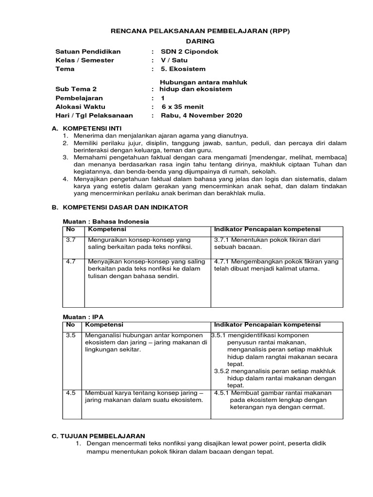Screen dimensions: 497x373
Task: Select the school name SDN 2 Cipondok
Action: (x=190, y=51)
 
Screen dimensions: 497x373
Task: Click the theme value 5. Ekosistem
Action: (x=183, y=69)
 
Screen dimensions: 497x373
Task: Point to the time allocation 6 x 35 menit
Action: (x=183, y=107)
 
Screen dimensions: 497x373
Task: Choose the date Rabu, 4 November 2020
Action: (x=202, y=116)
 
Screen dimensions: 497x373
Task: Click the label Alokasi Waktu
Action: (x=80, y=107)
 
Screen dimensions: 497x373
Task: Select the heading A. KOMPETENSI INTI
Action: (x=85, y=128)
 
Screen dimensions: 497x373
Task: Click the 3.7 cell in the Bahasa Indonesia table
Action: (x=70, y=240)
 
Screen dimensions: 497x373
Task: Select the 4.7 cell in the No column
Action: (x=70, y=261)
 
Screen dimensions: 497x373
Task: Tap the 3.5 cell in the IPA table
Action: (x=70, y=335)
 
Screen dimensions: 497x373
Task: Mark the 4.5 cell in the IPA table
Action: (x=70, y=393)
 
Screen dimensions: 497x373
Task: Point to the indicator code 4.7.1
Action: (x=222, y=261)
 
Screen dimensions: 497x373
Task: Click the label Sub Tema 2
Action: (x=76, y=89)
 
